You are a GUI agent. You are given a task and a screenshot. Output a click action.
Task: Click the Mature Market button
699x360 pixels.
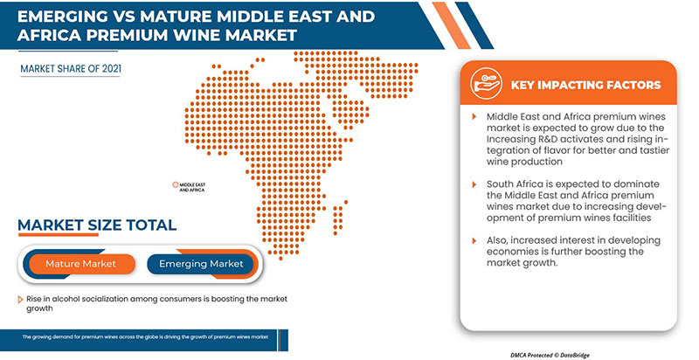tap(81, 263)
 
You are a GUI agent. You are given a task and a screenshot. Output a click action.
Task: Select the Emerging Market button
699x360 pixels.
tap(201, 263)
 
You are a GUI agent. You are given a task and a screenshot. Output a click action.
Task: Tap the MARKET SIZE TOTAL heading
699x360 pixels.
tap(97, 225)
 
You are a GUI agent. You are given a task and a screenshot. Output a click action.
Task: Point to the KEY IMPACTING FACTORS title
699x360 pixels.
tap(586, 85)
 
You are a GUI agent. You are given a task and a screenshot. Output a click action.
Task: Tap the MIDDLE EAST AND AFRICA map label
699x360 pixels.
tap(192, 187)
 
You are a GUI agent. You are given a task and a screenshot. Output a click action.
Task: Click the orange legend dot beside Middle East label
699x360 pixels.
tap(175, 185)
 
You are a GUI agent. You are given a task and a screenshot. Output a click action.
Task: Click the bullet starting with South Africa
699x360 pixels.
tap(571, 200)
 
